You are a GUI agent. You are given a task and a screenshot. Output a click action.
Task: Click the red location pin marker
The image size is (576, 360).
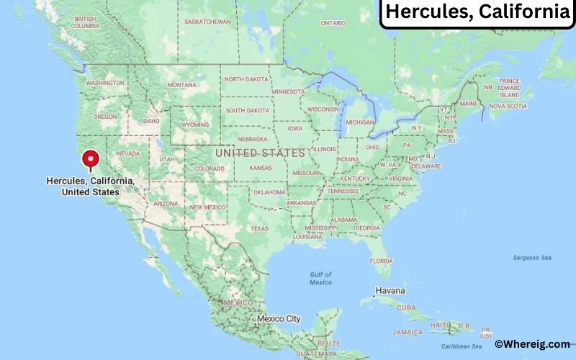point(91,159)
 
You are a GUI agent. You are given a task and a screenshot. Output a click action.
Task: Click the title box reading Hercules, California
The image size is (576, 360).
point(477,12)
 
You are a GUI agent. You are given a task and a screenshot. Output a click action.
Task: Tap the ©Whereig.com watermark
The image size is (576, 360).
point(532,345)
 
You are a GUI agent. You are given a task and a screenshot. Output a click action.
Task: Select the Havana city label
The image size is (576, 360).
point(391,290)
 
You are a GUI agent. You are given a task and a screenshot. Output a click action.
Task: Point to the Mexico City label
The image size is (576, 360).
point(279,318)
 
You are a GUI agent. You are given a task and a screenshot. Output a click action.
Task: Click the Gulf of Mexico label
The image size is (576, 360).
point(320,278)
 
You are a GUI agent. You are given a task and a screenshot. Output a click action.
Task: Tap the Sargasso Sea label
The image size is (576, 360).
point(531,257)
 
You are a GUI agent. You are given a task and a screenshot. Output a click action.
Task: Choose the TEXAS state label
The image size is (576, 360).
point(258,228)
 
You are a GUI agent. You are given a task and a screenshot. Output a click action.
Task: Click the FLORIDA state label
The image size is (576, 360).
point(381,260)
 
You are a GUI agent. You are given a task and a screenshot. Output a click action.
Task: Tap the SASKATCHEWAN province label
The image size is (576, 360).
point(207,22)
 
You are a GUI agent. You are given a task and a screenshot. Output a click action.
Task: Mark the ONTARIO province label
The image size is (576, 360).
point(333,23)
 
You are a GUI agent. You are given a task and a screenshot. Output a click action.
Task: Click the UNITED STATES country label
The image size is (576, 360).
point(260,153)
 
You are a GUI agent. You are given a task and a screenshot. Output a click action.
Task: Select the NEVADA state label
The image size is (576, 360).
point(127,153)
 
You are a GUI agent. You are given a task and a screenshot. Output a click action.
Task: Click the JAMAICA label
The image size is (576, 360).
point(408,332)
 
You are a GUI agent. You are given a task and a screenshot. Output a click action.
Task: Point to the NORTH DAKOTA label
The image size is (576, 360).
point(247,79)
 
